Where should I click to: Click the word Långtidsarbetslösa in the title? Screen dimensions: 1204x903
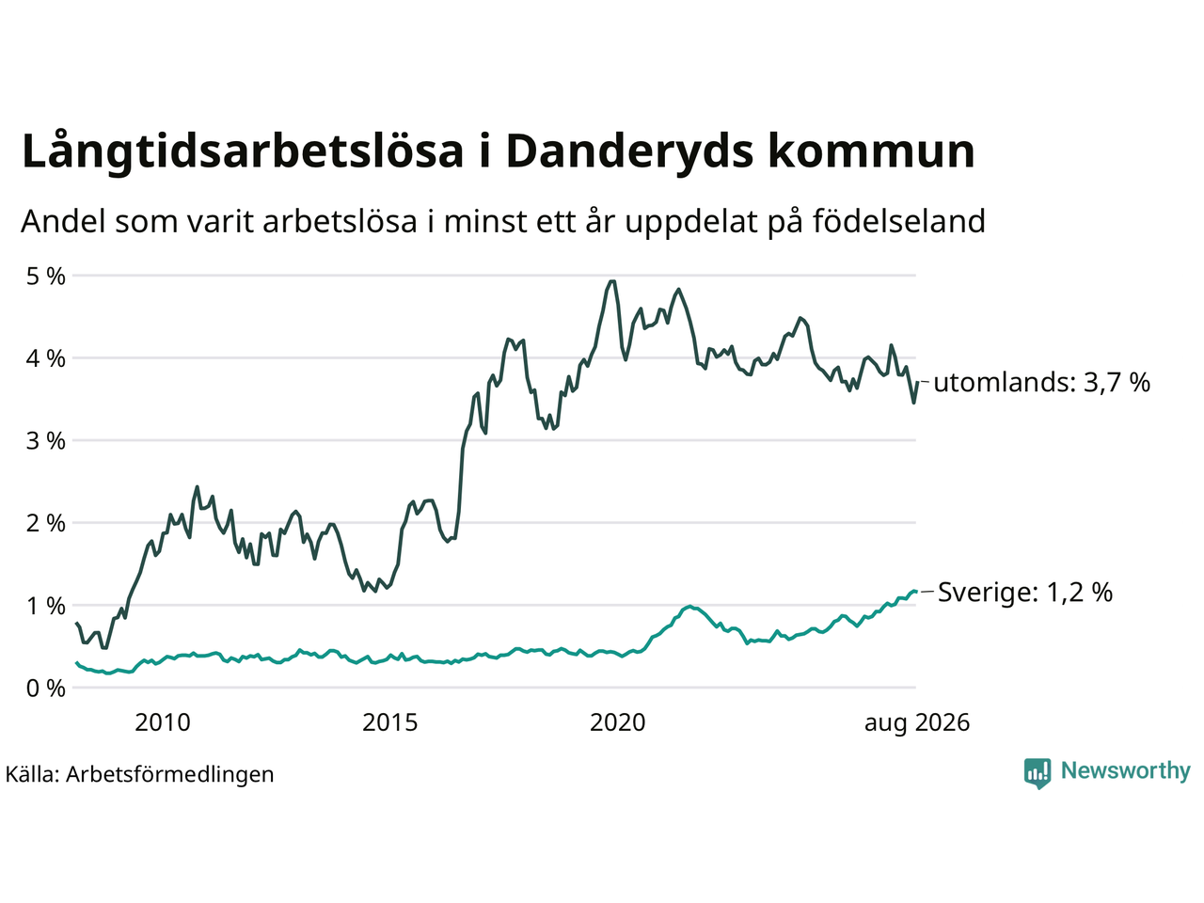tap(243, 150)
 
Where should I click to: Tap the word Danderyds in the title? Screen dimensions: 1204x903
tap(629, 150)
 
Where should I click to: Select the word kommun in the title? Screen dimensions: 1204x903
tap(871, 151)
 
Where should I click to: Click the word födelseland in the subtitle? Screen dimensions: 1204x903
tap(898, 221)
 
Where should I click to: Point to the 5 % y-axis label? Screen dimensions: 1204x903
tap(45, 277)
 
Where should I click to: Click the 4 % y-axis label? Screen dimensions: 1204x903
tap(45, 359)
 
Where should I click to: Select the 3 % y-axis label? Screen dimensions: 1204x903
tap(45, 441)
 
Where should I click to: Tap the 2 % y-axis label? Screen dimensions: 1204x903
tap(45, 524)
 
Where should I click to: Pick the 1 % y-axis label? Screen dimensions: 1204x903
tap(45, 607)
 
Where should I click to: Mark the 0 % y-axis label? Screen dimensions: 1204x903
tap(45, 689)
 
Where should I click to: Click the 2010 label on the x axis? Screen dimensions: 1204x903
tap(163, 722)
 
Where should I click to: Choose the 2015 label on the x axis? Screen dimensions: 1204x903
tap(390, 722)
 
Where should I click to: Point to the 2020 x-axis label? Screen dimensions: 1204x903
tap(618, 722)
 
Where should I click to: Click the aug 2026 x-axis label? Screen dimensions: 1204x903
tap(917, 723)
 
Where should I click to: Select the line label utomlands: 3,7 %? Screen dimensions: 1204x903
tap(1041, 382)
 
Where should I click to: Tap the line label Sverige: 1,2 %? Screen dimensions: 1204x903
tap(1025, 593)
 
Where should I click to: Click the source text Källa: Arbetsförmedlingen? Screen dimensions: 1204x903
tap(139, 775)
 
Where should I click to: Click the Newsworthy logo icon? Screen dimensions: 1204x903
tap(1038, 773)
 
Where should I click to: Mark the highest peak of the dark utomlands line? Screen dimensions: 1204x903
tap(612, 281)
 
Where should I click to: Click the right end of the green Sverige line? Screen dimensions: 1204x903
tap(915, 591)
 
